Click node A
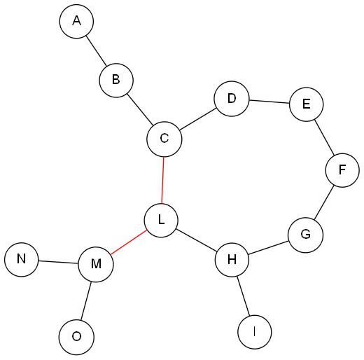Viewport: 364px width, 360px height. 76,21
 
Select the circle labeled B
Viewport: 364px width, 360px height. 116,80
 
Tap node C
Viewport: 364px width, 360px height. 164,139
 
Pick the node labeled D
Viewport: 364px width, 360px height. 232,99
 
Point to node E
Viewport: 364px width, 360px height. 306,104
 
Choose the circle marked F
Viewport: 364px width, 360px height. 342,170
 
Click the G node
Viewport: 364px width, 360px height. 306,235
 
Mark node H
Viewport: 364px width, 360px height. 232,260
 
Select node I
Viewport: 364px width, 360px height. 255,332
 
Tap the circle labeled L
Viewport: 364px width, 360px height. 161,220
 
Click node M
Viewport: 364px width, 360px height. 96,265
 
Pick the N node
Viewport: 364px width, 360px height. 22,259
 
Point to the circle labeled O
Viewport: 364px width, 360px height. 76,337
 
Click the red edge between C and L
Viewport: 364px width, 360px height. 162,180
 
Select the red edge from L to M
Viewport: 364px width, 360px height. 129,242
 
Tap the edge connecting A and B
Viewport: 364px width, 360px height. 97,50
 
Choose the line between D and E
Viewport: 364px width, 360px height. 269,102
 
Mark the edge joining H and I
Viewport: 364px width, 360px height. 244,296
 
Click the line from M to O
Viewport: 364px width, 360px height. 86,300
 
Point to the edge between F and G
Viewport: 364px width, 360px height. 324,202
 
